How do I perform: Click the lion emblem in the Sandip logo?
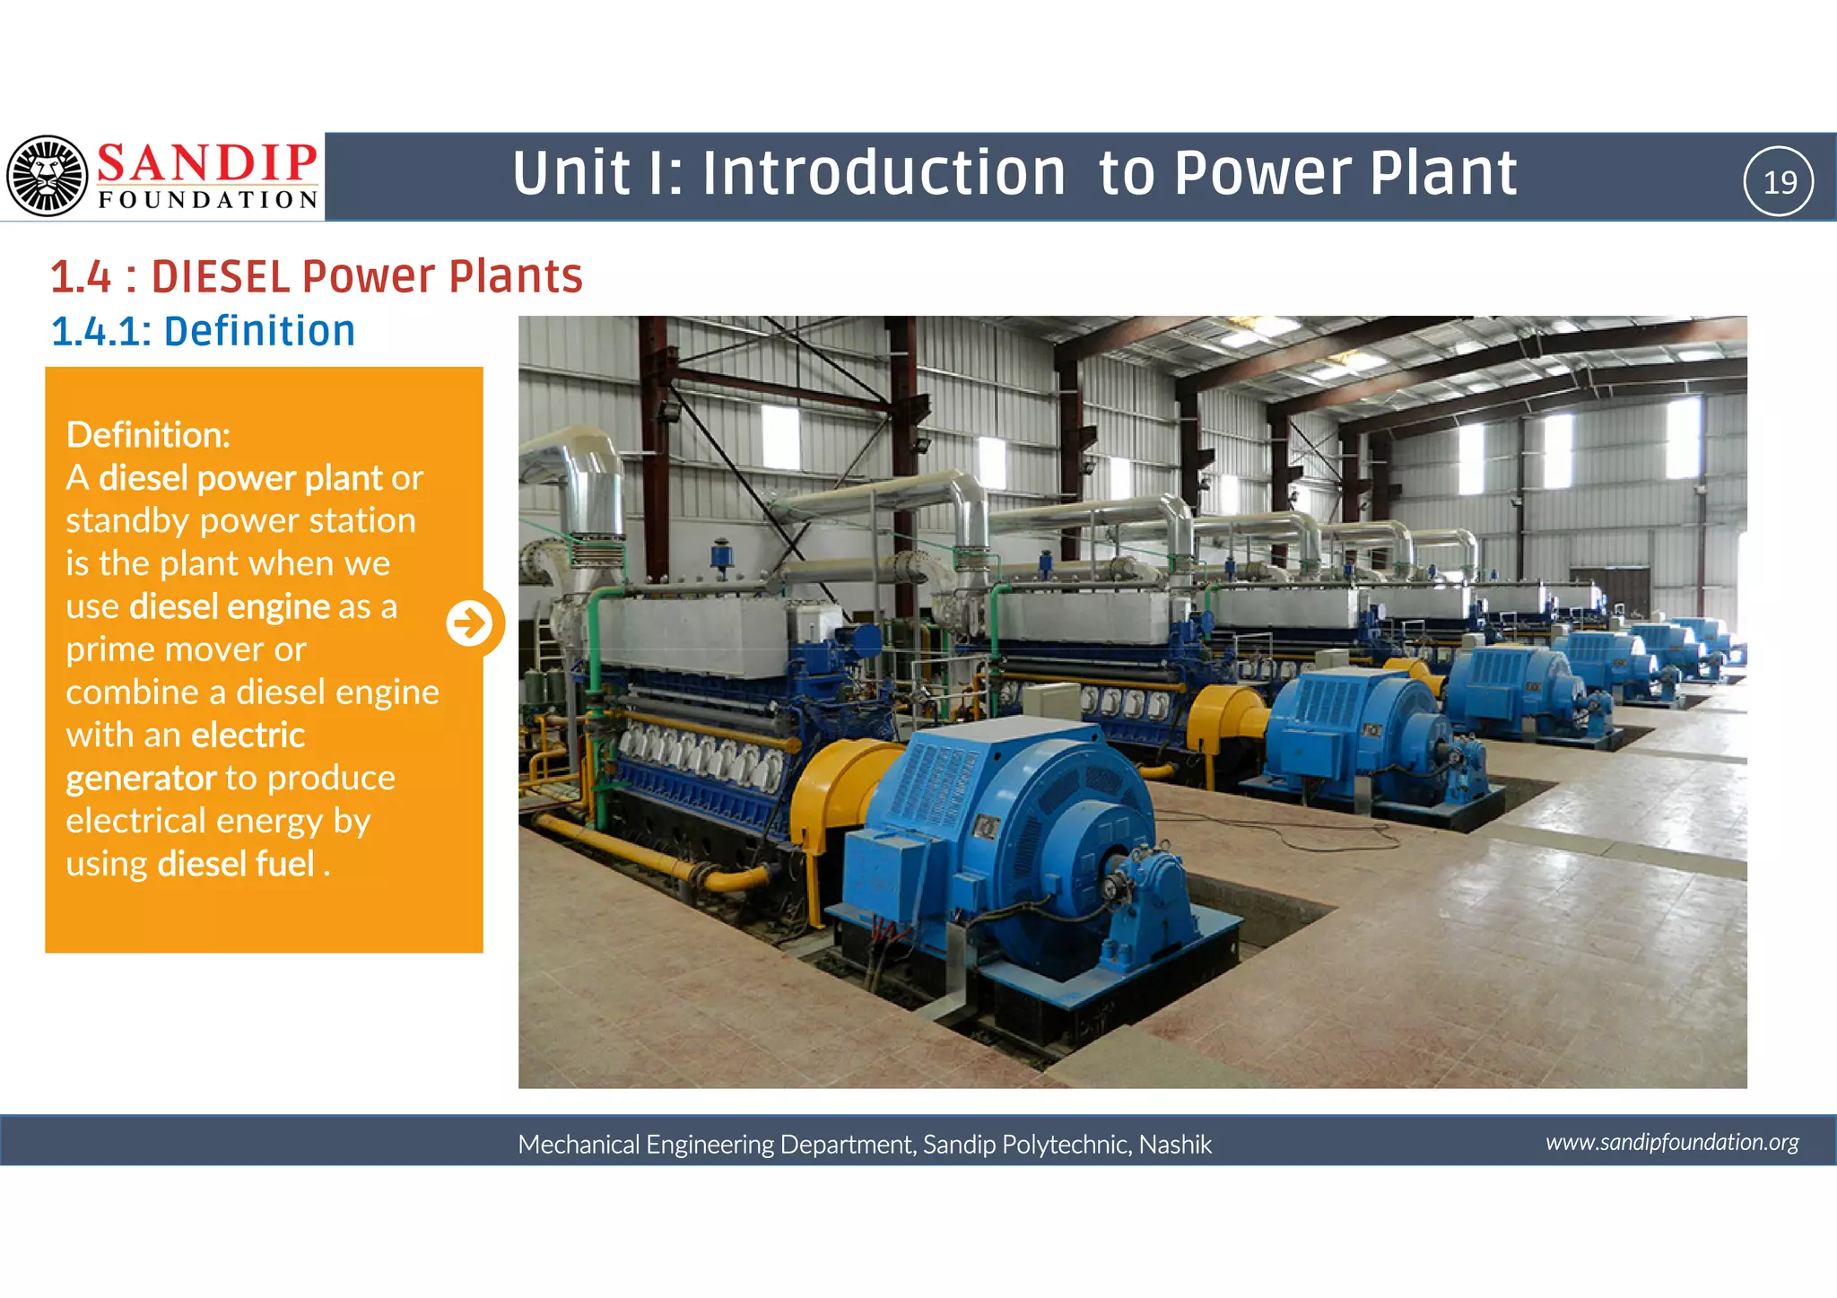tap(47, 176)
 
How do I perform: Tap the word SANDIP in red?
tap(206, 163)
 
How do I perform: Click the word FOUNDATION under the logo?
tap(208, 200)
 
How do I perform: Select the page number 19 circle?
tap(1779, 181)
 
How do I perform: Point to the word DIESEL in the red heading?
tap(221, 276)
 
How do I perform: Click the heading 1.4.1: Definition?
tap(203, 331)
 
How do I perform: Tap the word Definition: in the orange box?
tap(148, 435)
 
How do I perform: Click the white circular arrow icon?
tap(470, 623)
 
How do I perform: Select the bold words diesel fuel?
tap(236, 864)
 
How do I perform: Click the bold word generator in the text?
tap(141, 779)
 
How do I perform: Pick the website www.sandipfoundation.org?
tap(1672, 1142)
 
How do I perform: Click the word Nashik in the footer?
tap(1175, 1145)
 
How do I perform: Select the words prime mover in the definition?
tap(186, 649)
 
